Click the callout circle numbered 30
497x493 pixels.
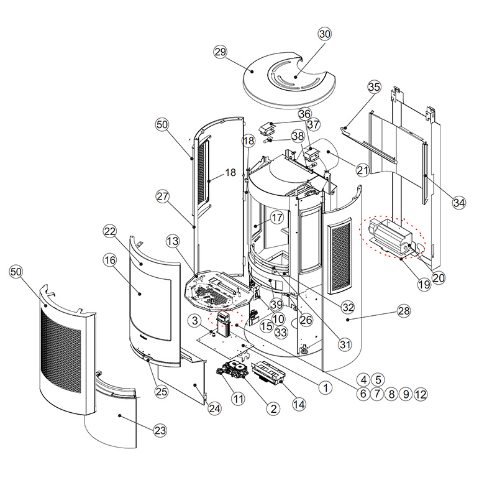[324, 34]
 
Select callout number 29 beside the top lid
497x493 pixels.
[221, 52]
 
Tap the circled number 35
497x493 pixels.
[375, 87]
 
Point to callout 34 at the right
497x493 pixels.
[459, 203]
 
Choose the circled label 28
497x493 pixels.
[404, 311]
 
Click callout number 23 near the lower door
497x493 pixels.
[160, 430]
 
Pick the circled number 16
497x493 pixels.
[110, 260]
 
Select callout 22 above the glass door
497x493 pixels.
[110, 231]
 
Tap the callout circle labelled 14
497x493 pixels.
[299, 404]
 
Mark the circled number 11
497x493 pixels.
[238, 399]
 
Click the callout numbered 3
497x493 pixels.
[195, 320]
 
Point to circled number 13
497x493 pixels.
[173, 241]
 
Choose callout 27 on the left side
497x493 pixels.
[163, 196]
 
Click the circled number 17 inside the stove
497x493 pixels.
[277, 218]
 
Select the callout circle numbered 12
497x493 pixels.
[421, 394]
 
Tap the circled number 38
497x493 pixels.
[298, 136]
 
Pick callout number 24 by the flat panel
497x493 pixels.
[214, 408]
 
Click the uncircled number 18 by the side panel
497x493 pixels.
[230, 173]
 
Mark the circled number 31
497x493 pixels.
[345, 344]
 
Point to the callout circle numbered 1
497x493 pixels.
[325, 387]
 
